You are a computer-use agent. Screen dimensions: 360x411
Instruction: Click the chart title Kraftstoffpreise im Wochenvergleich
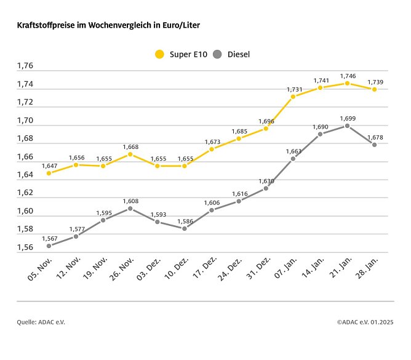click(108, 26)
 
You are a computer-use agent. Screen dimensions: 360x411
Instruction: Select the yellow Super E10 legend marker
click(160, 54)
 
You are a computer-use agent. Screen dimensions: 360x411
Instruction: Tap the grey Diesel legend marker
click(217, 54)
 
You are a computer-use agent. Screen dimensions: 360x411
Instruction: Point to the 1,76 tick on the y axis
click(25, 66)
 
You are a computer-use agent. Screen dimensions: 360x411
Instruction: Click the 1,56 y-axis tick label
click(25, 247)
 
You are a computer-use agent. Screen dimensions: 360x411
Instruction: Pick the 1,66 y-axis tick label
click(25, 157)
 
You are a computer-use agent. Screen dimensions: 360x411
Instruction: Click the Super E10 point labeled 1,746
click(347, 83)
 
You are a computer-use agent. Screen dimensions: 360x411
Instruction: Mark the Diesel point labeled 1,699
click(347, 126)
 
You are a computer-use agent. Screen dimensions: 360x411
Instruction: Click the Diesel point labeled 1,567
click(49, 246)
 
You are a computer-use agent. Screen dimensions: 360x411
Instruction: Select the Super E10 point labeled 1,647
click(49, 173)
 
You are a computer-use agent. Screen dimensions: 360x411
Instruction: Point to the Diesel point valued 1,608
click(130, 208)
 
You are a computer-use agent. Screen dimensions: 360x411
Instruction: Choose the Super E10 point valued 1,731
click(293, 97)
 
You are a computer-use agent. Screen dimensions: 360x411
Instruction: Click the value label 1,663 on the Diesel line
click(294, 150)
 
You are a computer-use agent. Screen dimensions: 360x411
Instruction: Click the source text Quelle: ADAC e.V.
click(40, 322)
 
